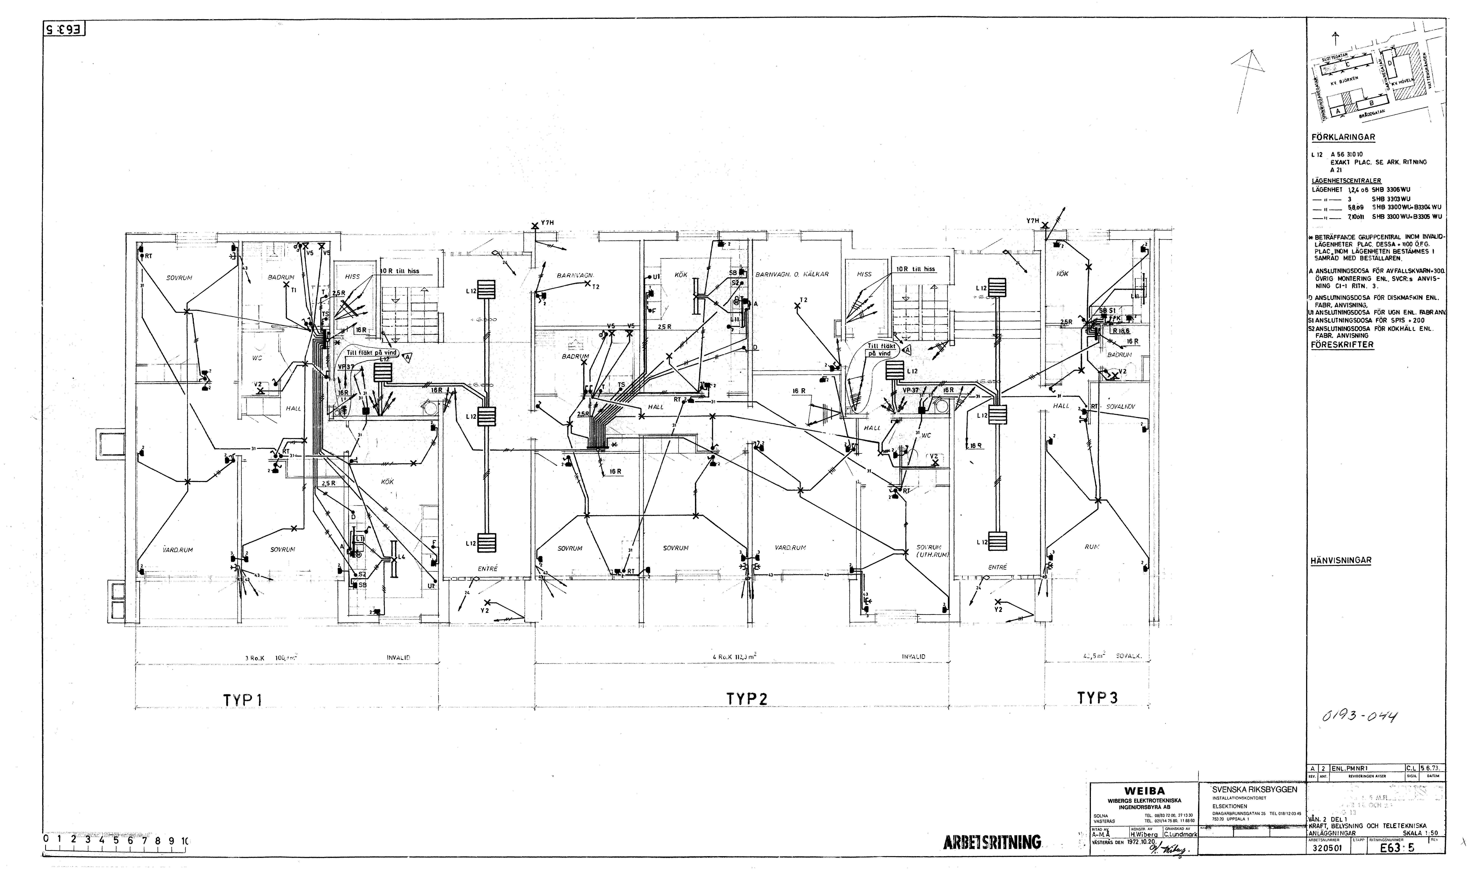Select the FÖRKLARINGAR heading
click(1342, 137)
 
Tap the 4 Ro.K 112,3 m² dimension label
click(734, 657)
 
